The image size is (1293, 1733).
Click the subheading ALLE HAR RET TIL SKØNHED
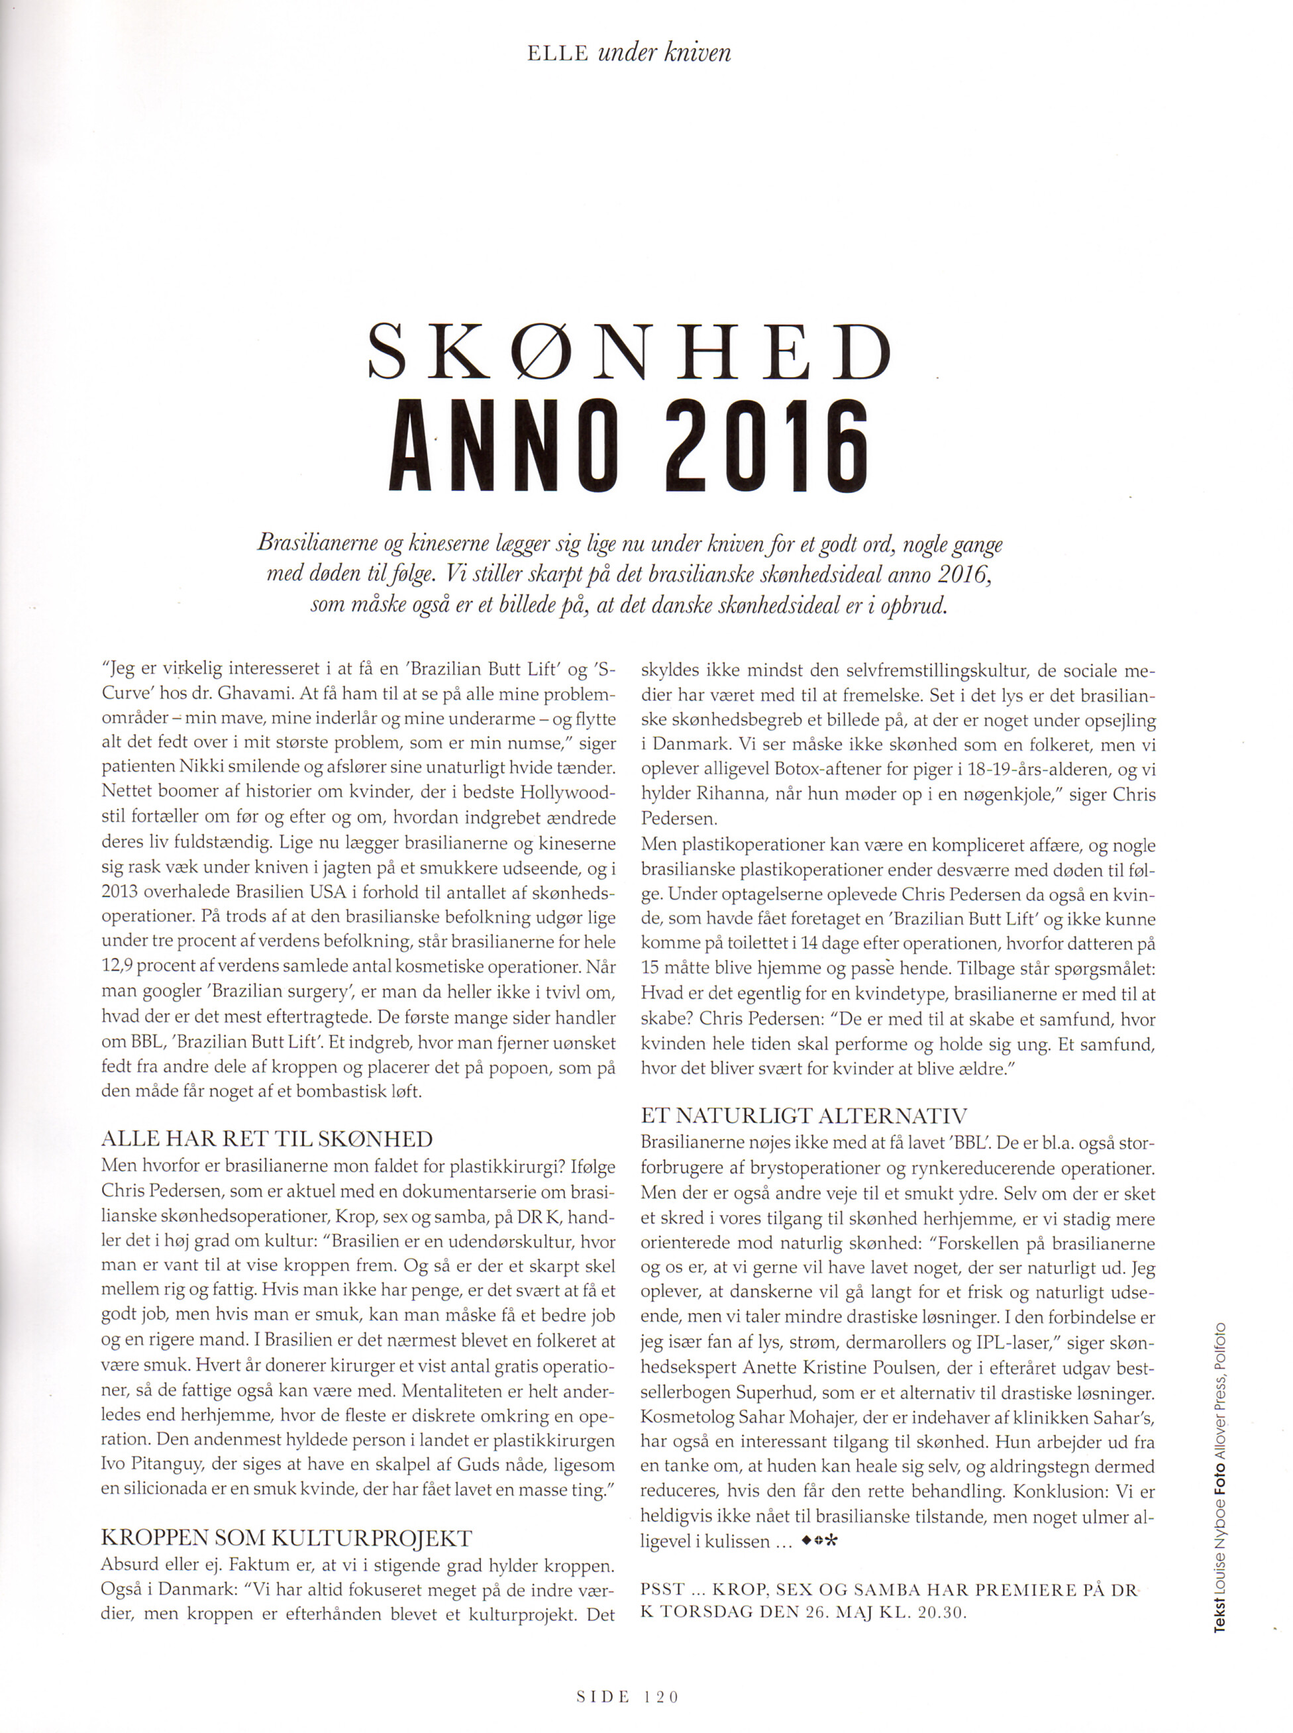point(267,1139)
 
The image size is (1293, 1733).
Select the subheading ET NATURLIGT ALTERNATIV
point(804,1116)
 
